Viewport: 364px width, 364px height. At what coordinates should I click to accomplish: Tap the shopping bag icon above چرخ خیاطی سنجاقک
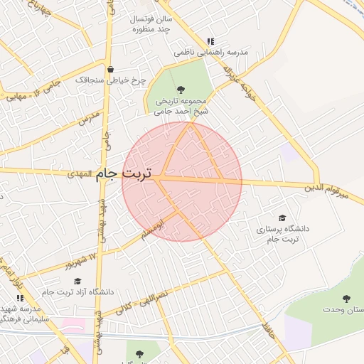coord(110,69)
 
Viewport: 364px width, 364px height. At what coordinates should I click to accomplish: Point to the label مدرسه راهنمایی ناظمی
coord(211,53)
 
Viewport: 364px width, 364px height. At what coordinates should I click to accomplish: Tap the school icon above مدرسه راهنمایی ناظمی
coord(209,41)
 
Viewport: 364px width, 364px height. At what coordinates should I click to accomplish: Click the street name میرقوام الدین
coord(328,188)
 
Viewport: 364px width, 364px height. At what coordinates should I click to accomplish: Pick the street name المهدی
coord(80,173)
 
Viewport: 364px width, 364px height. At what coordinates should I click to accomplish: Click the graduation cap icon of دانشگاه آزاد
coord(77,282)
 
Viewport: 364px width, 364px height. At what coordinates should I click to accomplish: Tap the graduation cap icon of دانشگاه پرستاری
coord(282,218)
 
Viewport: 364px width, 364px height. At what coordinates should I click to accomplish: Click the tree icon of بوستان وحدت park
coord(346,299)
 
